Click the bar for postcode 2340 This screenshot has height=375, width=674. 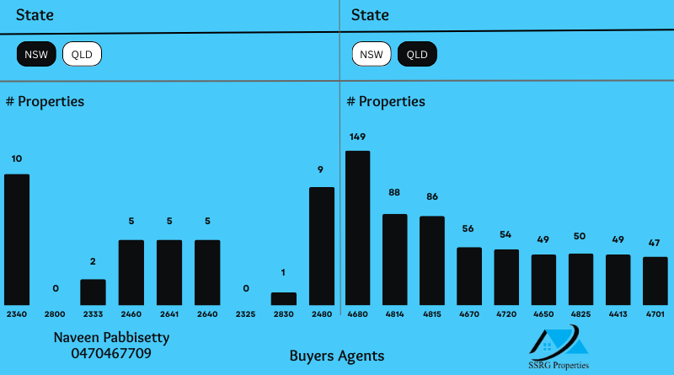click(17, 239)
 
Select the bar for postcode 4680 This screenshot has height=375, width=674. click(358, 228)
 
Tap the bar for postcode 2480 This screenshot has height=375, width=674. click(322, 245)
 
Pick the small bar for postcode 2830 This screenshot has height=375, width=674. click(284, 298)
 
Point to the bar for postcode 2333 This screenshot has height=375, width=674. click(93, 292)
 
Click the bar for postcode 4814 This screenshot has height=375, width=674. click(395, 259)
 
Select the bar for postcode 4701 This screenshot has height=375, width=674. click(655, 281)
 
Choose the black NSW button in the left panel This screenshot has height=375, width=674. click(36, 56)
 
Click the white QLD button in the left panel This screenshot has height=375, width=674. click(82, 56)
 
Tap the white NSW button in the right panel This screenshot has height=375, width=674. click(372, 56)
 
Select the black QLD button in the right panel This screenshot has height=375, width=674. click(417, 56)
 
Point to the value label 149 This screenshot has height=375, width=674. click(357, 137)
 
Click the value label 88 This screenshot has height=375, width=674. click(394, 192)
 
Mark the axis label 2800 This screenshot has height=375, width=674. click(55, 313)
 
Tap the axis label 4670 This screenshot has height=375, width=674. click(469, 313)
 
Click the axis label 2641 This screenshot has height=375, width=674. click(169, 313)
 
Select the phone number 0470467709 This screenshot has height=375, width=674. click(111, 353)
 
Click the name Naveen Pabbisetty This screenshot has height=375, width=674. click(111, 337)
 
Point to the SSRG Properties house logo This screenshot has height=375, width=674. click(559, 341)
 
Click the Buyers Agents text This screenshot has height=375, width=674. click(337, 356)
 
